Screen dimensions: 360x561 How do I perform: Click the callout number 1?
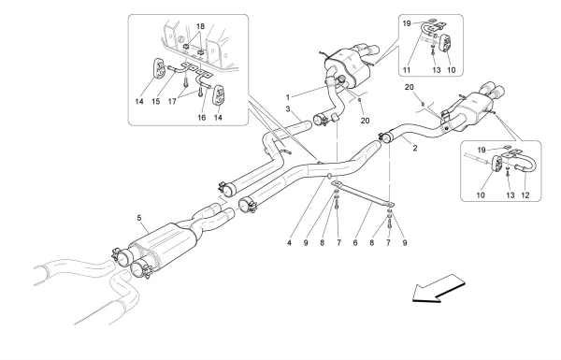[x=290, y=96]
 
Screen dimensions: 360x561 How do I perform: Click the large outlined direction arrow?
[x=439, y=288]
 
